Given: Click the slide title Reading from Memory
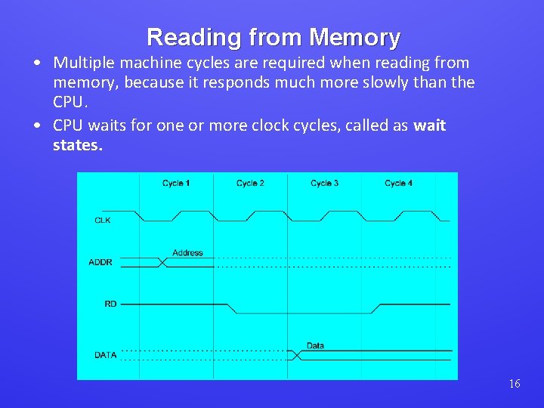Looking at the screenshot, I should pyautogui.click(x=273, y=37).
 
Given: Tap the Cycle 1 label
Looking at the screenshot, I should pyautogui.click(x=176, y=184).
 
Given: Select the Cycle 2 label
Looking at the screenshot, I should pyautogui.click(x=250, y=184).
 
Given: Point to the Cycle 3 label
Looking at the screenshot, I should pyautogui.click(x=324, y=184).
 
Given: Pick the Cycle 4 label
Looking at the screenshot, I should pyautogui.click(x=398, y=184).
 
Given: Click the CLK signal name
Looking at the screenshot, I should pyautogui.click(x=103, y=221).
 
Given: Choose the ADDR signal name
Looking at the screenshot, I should pyautogui.click(x=100, y=262).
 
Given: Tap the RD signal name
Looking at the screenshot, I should pyautogui.click(x=110, y=304).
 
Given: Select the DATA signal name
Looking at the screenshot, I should pyautogui.click(x=105, y=354).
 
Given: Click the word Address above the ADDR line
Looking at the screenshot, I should pyautogui.click(x=187, y=252).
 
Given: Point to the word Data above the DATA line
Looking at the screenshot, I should pyautogui.click(x=315, y=345).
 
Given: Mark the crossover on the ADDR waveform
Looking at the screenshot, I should pyautogui.click(x=162, y=262).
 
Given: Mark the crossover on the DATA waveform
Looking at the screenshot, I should pyautogui.click(x=296, y=354).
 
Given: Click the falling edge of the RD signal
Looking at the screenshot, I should pyautogui.click(x=233, y=308).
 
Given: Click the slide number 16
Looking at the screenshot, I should pyautogui.click(x=514, y=384).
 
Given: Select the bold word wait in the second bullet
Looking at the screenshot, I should pyautogui.click(x=429, y=125).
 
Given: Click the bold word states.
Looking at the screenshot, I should pyautogui.click(x=77, y=144).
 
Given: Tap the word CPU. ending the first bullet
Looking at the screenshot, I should pyautogui.click(x=70, y=102).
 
